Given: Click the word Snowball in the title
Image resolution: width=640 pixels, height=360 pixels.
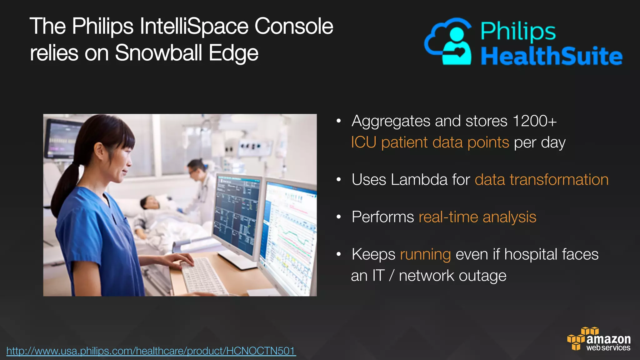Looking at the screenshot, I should pyautogui.click(x=158, y=52).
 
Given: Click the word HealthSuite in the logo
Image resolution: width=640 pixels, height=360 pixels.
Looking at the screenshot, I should pyautogui.click(x=551, y=56).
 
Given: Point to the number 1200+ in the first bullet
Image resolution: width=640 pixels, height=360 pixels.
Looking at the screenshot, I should pyautogui.click(x=534, y=121).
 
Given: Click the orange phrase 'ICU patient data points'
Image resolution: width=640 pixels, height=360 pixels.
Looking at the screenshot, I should pyautogui.click(x=430, y=142).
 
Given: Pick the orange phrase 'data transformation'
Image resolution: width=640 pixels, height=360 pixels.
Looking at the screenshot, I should pyautogui.click(x=542, y=180).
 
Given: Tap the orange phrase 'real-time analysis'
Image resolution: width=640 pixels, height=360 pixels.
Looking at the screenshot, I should pyautogui.click(x=477, y=217).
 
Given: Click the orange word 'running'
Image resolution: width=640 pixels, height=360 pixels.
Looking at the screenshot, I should pyautogui.click(x=425, y=254).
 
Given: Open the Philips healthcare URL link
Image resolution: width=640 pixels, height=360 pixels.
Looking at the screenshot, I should pyautogui.click(x=151, y=351).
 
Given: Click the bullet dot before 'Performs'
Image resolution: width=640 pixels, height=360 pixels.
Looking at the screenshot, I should pyautogui.click(x=338, y=217).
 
